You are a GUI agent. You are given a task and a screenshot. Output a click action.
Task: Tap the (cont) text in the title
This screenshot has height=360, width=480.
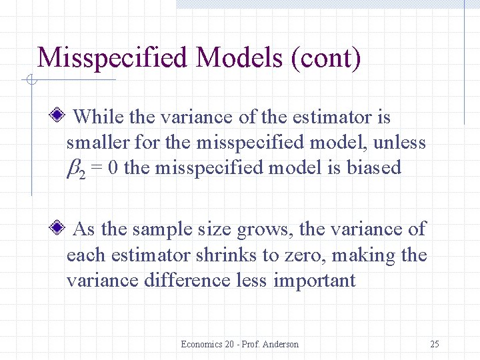(x=326, y=58)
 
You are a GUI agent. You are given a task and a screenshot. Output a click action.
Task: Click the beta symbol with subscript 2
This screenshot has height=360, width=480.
(x=75, y=168)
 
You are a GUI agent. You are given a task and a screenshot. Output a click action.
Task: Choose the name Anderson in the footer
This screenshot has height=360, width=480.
(x=280, y=344)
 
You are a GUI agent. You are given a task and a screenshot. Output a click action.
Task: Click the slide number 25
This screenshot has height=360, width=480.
(x=434, y=344)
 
